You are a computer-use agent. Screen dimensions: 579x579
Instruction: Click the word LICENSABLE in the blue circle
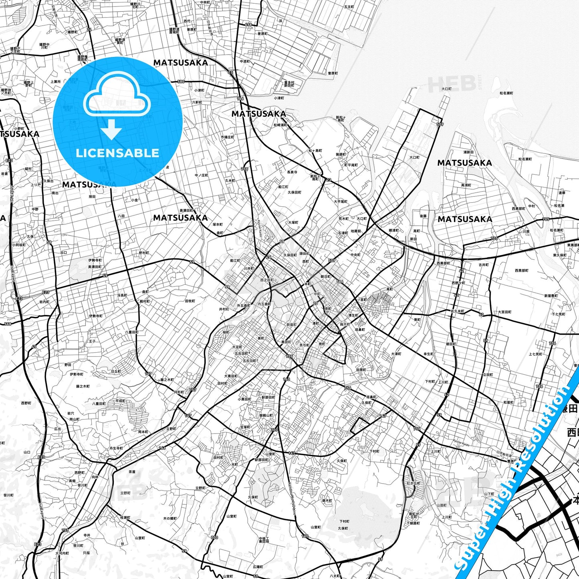pos(117,153)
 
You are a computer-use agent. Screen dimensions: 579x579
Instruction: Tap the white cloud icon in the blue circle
pos(117,96)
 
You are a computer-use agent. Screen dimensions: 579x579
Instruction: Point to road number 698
pos(248,25)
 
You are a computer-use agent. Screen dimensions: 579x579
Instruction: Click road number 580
pos(181,82)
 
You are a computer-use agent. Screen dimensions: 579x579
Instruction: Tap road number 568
pos(7,324)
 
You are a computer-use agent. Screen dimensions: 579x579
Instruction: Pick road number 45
pos(34,347)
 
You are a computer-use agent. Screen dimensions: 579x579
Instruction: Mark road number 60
pos(481,315)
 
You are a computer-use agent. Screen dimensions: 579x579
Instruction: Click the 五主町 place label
pos(349,7)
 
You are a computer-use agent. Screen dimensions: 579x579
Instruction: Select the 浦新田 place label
pos(468,152)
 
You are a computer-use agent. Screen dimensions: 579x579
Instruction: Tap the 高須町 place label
pos(466,185)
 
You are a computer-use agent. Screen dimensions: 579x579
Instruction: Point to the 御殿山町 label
pos(266,416)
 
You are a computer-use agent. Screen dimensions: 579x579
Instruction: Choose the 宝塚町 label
pos(245,427)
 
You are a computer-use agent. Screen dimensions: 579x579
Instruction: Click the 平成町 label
pos(120,401)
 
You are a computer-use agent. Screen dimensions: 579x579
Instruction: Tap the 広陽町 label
pos(258,567)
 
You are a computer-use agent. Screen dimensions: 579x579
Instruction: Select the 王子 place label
pos(92,341)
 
